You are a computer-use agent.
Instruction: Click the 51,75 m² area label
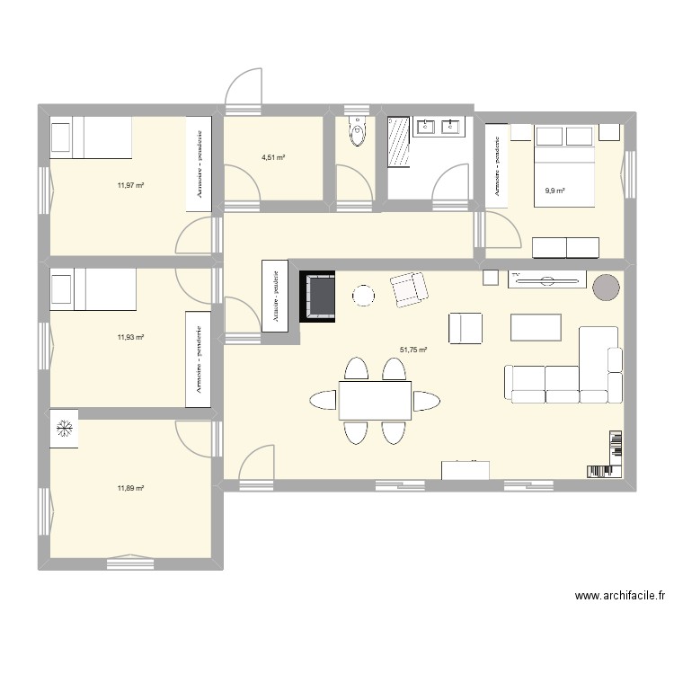point(413,350)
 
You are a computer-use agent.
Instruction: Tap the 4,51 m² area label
point(273,158)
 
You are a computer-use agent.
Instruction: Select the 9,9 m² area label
point(555,191)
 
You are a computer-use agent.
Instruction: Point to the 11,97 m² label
point(130,186)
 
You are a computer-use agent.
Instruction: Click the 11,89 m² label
point(130,488)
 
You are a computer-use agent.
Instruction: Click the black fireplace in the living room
point(317,297)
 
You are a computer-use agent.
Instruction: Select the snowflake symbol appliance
point(64,429)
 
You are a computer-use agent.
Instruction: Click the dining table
point(375,401)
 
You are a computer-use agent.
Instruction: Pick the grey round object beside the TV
point(606,287)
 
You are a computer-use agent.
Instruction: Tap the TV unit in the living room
point(547,279)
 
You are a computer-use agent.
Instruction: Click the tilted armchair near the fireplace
point(409,289)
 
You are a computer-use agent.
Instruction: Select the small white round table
point(363,296)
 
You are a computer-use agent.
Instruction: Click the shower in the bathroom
point(398,140)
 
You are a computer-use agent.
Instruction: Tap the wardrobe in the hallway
point(275,297)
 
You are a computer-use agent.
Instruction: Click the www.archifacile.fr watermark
point(620,596)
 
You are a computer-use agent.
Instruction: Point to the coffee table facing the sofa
point(536,327)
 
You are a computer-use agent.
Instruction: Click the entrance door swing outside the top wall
point(244,86)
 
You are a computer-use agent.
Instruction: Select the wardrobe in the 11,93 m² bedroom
point(199,359)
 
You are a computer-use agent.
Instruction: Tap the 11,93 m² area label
point(130,337)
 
